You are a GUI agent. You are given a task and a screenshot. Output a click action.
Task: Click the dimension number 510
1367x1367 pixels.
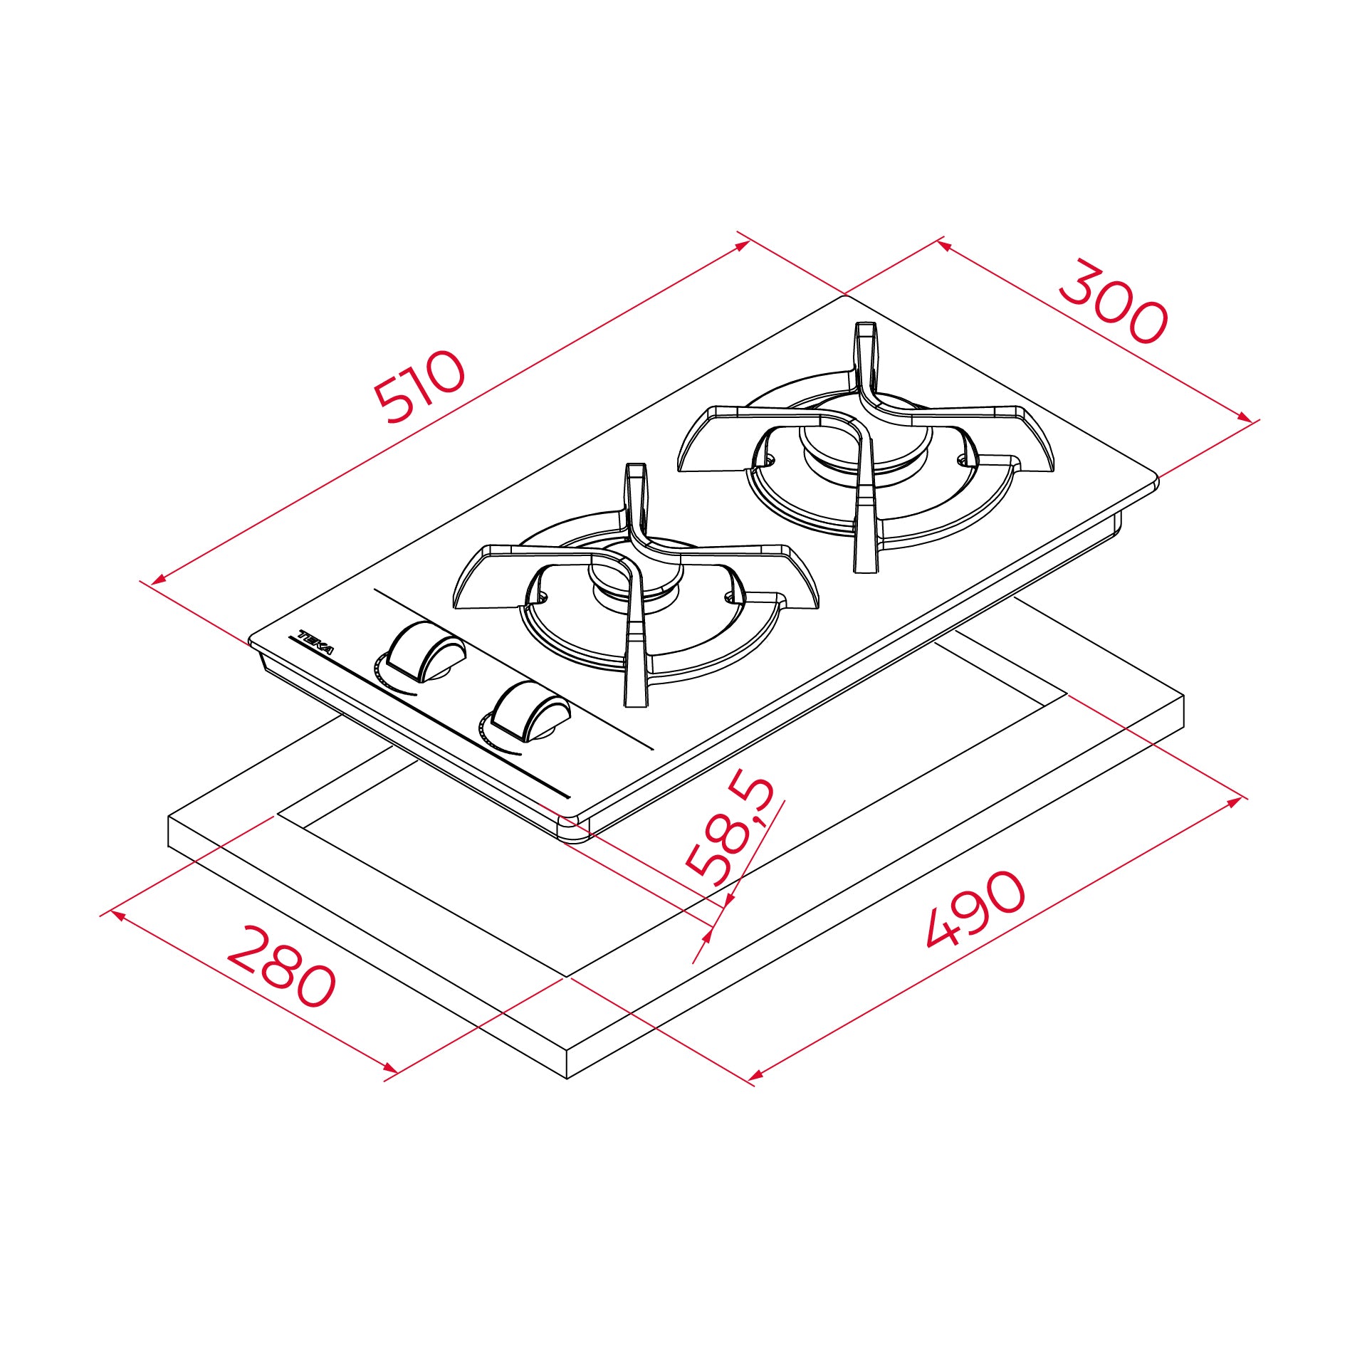tap(420, 387)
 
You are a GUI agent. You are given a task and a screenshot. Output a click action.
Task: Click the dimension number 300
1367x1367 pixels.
tap(1113, 303)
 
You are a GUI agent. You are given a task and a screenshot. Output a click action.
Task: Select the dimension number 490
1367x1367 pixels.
tap(977, 909)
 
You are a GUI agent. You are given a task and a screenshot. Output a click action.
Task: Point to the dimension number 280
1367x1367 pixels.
tap(281, 966)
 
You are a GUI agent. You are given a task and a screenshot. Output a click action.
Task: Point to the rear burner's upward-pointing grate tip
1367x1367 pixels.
tap(865, 329)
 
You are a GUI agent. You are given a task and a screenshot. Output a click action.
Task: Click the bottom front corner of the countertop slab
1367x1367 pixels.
tap(567, 1077)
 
